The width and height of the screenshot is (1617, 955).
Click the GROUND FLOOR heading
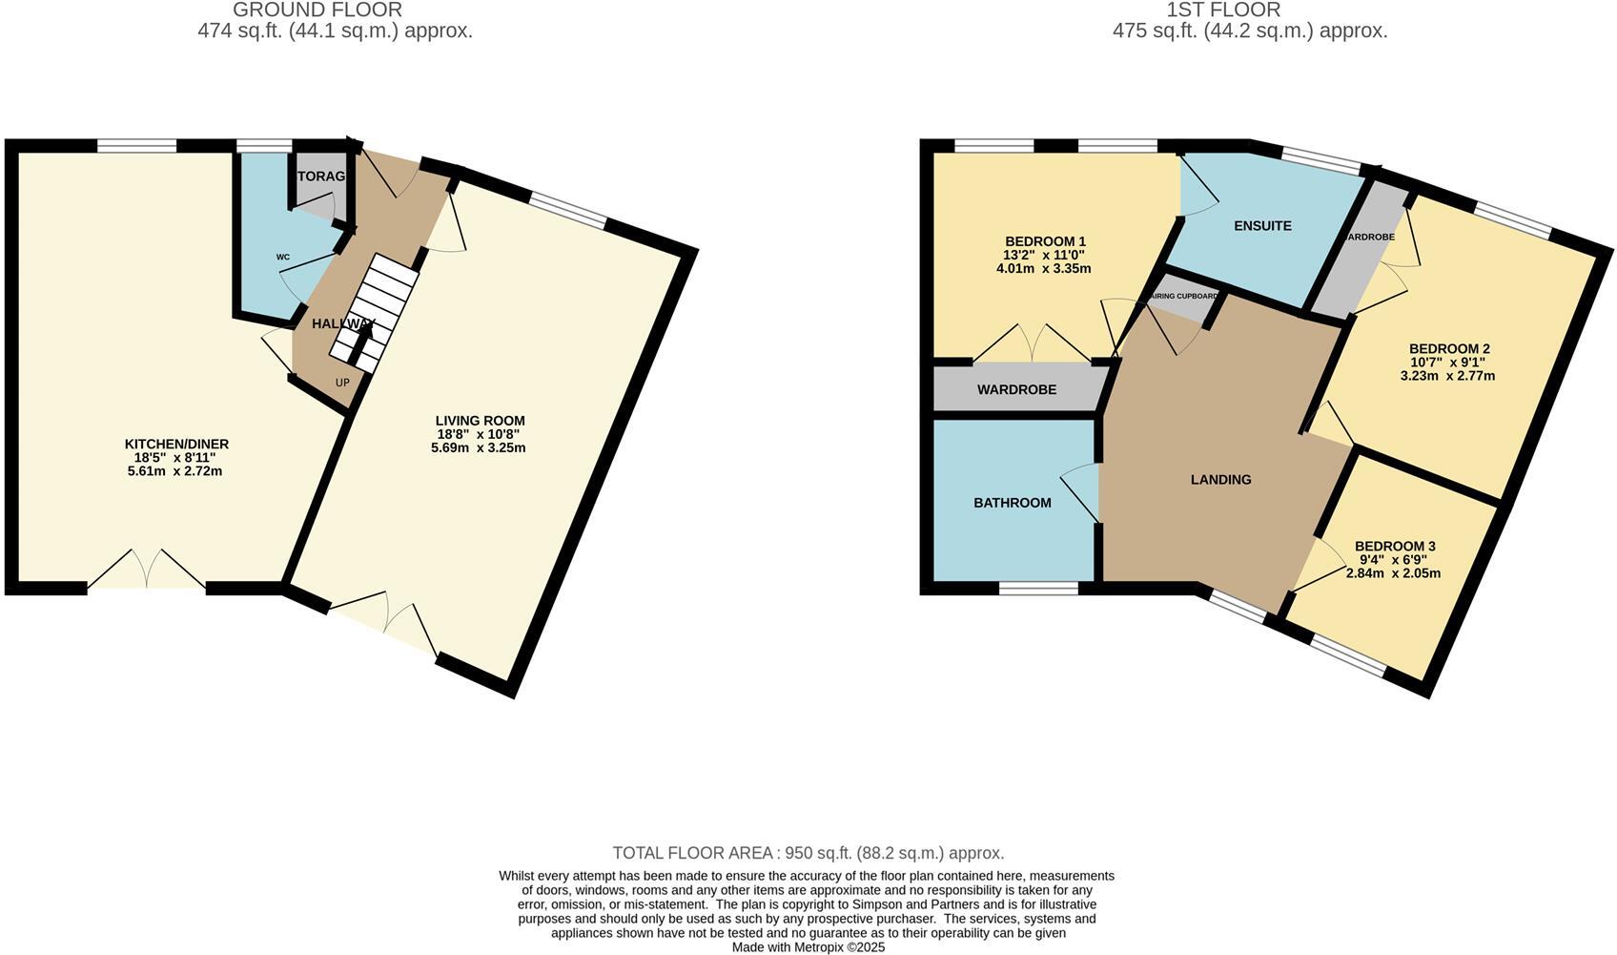(317, 10)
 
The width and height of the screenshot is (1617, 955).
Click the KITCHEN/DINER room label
(176, 445)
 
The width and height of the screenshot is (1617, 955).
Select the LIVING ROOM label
(480, 421)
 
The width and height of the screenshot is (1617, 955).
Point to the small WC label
(283, 258)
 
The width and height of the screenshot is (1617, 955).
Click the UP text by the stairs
(342, 383)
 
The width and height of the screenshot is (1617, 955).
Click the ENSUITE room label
(1262, 226)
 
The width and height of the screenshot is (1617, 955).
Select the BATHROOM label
(1012, 503)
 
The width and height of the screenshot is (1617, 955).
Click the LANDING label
(1220, 480)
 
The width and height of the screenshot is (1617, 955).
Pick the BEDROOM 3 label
(1394, 547)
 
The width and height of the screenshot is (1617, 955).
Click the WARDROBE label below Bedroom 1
(1016, 390)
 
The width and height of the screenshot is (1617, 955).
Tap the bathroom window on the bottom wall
(1038, 589)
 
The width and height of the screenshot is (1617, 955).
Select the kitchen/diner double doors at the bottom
(147, 571)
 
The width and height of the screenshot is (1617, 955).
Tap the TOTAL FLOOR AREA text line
(808, 853)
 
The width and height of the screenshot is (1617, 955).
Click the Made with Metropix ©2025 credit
(808, 947)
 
